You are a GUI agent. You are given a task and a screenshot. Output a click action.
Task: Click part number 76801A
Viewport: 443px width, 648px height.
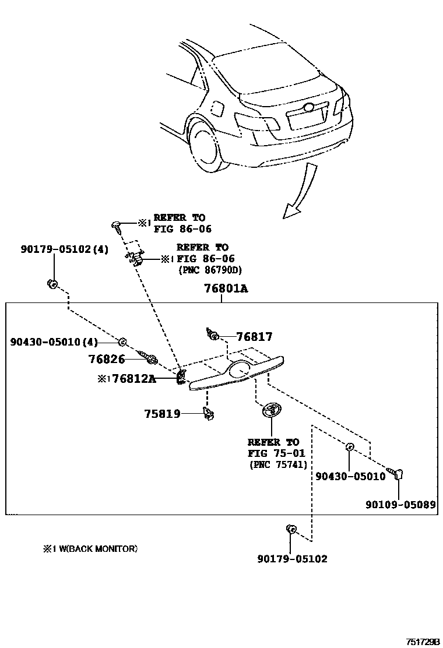[226, 288]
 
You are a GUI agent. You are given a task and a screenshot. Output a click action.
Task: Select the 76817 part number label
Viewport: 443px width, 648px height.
[254, 337]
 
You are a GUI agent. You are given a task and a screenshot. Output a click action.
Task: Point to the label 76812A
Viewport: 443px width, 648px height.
[134, 379]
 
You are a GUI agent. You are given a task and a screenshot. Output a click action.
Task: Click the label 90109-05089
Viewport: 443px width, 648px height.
[400, 505]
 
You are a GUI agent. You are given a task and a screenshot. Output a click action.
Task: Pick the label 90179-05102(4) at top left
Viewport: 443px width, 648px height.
[64, 249]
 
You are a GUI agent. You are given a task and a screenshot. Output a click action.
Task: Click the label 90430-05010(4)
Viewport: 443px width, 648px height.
[54, 341]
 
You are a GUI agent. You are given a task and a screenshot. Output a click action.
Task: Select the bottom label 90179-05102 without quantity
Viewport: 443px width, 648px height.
[292, 559]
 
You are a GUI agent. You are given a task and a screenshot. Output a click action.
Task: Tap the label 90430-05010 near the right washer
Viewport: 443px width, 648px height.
[350, 476]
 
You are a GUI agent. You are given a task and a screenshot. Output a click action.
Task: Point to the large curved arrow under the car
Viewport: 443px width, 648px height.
[300, 192]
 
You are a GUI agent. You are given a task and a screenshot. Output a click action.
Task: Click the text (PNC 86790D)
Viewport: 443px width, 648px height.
[209, 270]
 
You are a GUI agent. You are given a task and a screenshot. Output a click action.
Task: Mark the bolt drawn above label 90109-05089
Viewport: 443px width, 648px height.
[398, 473]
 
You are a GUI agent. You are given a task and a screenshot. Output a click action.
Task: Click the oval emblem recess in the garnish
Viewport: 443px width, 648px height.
[240, 369]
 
